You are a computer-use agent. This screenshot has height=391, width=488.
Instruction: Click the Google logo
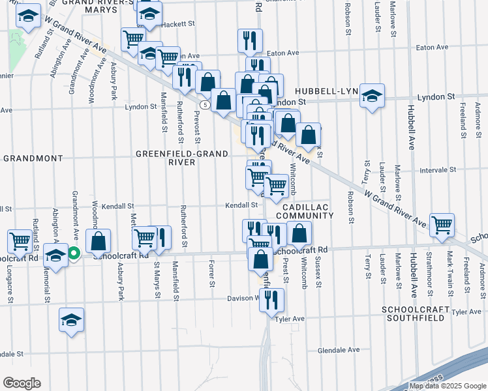tap(22, 383)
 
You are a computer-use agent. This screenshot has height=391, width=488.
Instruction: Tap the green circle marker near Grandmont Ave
tap(74, 253)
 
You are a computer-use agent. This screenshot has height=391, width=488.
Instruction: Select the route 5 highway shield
tap(206, 104)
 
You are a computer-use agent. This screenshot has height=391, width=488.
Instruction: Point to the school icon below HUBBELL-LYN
tap(372, 96)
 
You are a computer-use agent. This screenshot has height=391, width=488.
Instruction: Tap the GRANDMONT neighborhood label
tap(32, 158)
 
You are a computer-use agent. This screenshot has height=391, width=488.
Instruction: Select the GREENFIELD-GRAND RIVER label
tap(182, 158)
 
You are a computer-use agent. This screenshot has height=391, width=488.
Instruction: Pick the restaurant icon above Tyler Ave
tap(272, 299)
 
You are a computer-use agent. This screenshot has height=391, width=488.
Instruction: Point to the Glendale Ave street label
tap(339, 350)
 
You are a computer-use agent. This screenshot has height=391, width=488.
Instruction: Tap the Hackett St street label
tap(178, 24)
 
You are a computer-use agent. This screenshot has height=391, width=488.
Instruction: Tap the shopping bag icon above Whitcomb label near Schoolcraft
tap(299, 233)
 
